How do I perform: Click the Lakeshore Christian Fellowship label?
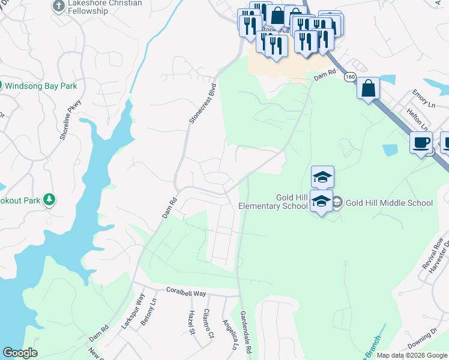pyautogui.click(x=105, y=7)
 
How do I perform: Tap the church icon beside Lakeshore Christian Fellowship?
pyautogui.click(x=58, y=6)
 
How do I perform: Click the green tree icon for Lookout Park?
pyautogui.click(x=50, y=199)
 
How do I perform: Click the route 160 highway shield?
pyautogui.click(x=349, y=77)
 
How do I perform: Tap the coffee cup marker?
pyautogui.click(x=421, y=142)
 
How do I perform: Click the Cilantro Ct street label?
pyautogui.click(x=208, y=323)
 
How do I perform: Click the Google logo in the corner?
pyautogui.click(x=20, y=353)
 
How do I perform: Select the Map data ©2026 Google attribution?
pyautogui.click(x=411, y=355)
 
